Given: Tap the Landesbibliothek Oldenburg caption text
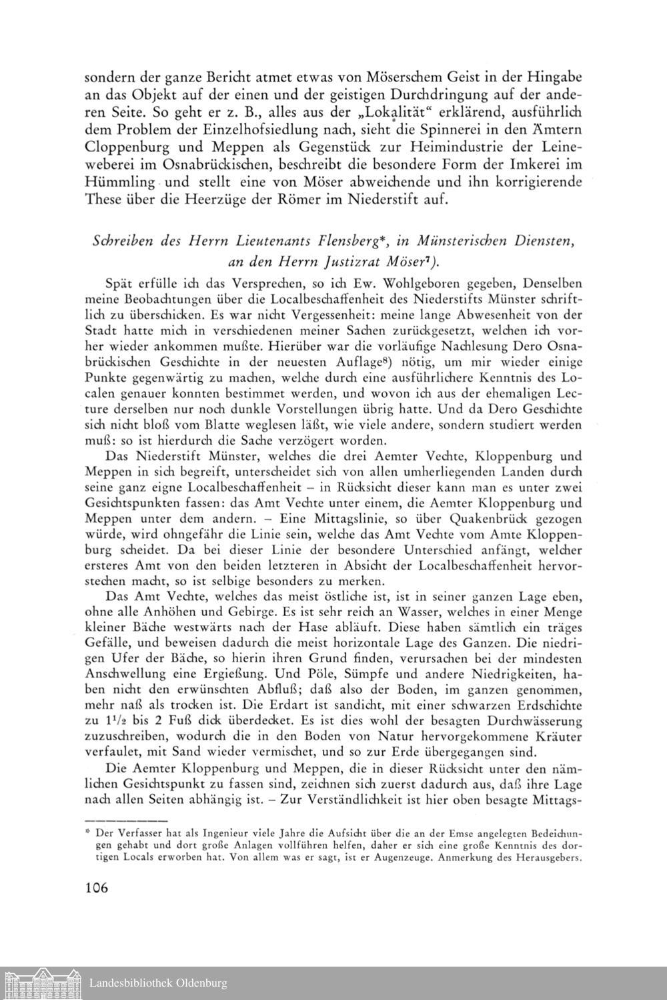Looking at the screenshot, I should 159,983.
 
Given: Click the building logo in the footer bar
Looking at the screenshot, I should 43,983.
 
